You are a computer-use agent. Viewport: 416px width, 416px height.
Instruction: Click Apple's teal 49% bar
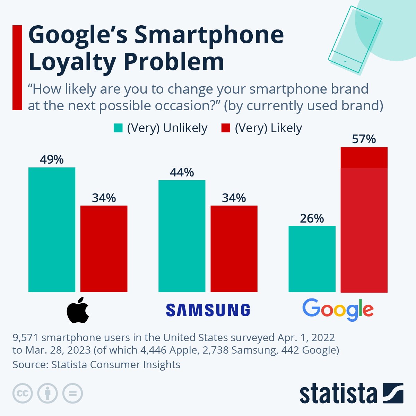pos(52,229)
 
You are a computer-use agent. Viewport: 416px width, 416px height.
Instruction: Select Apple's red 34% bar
pos(104,249)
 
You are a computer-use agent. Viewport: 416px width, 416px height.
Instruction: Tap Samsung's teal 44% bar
pos(182,236)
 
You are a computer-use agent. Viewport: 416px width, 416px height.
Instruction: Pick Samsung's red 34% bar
pos(234,249)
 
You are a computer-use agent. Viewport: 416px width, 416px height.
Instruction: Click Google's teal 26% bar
pos(312,259)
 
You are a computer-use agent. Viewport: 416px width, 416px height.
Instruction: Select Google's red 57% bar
pos(364,220)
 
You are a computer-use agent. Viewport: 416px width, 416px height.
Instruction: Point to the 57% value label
pos(364,139)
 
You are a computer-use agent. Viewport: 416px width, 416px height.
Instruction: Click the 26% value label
pos(312,218)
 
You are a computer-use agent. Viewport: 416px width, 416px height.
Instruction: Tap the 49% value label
pos(52,159)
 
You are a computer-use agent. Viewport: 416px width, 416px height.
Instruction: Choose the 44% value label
pos(182,172)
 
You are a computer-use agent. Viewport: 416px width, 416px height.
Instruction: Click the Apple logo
pos(78,310)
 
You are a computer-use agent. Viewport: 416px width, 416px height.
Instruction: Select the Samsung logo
pos(208,310)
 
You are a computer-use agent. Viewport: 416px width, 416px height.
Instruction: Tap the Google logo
pos(338,309)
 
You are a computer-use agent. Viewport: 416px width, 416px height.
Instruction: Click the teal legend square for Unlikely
pos(118,128)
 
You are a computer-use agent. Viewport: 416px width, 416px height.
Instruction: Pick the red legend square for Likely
pos(226,128)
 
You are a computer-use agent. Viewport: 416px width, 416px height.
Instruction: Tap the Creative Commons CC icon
pos(23,393)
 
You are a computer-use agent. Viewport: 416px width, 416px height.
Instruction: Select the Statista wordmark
pos(338,393)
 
